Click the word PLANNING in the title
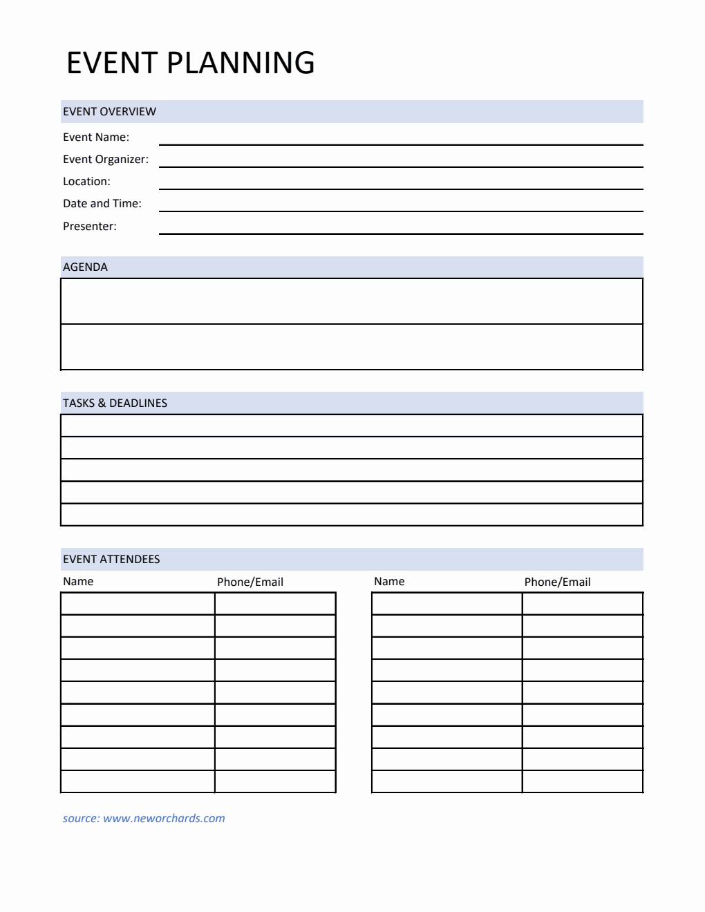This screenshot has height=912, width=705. click(241, 63)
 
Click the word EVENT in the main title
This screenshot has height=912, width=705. click(112, 63)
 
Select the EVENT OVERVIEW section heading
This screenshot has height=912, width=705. click(109, 111)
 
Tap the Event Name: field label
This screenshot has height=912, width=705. click(96, 137)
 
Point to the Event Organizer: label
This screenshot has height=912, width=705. click(106, 159)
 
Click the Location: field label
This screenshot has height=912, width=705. click(86, 181)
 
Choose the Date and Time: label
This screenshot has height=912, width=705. click(102, 203)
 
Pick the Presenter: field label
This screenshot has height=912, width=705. click(90, 226)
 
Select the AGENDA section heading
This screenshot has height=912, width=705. click(85, 267)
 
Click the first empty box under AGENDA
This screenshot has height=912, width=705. click(352, 301)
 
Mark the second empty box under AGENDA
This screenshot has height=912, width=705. click(352, 347)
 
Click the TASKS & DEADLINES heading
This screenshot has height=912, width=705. click(115, 403)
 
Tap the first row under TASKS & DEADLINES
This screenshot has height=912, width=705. click(352, 426)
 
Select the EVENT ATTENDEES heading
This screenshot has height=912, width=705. click(111, 559)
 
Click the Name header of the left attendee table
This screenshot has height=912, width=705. click(78, 581)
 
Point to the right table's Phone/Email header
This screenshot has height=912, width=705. click(557, 582)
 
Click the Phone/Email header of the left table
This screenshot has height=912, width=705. click(250, 582)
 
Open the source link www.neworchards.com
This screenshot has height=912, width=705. click(164, 818)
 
